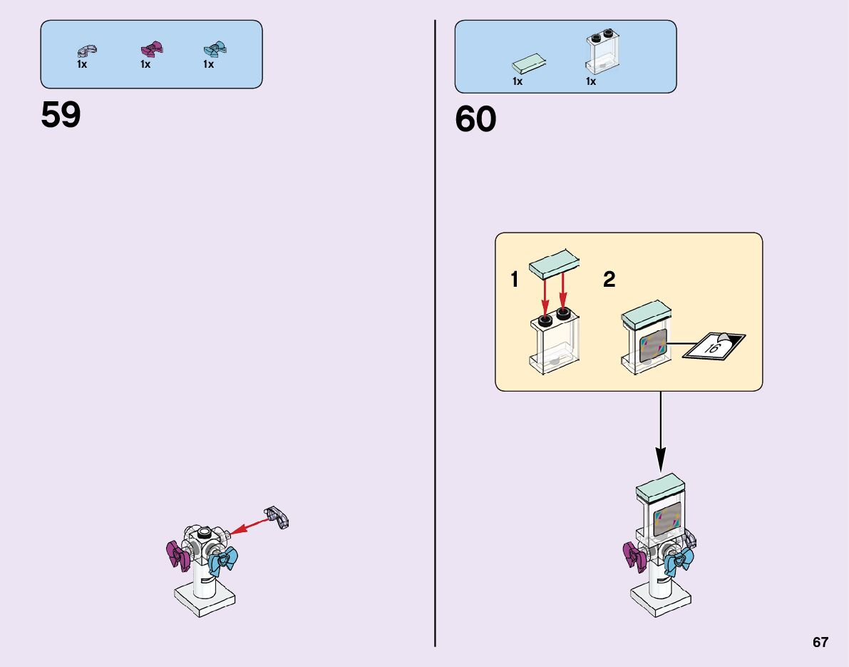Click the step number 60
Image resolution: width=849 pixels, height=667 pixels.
coord(475,120)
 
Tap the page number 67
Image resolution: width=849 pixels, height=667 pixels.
coord(820,642)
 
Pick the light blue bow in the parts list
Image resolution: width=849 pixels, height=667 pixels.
coord(215,49)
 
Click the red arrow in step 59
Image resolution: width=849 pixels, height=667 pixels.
coord(249,526)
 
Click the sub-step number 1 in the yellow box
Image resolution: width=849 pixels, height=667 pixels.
coord(515,280)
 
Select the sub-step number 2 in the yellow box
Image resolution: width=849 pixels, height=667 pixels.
coord(609,280)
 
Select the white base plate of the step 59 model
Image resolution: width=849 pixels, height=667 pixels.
coord(206,599)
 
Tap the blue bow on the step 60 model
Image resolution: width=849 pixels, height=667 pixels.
coord(678,561)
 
